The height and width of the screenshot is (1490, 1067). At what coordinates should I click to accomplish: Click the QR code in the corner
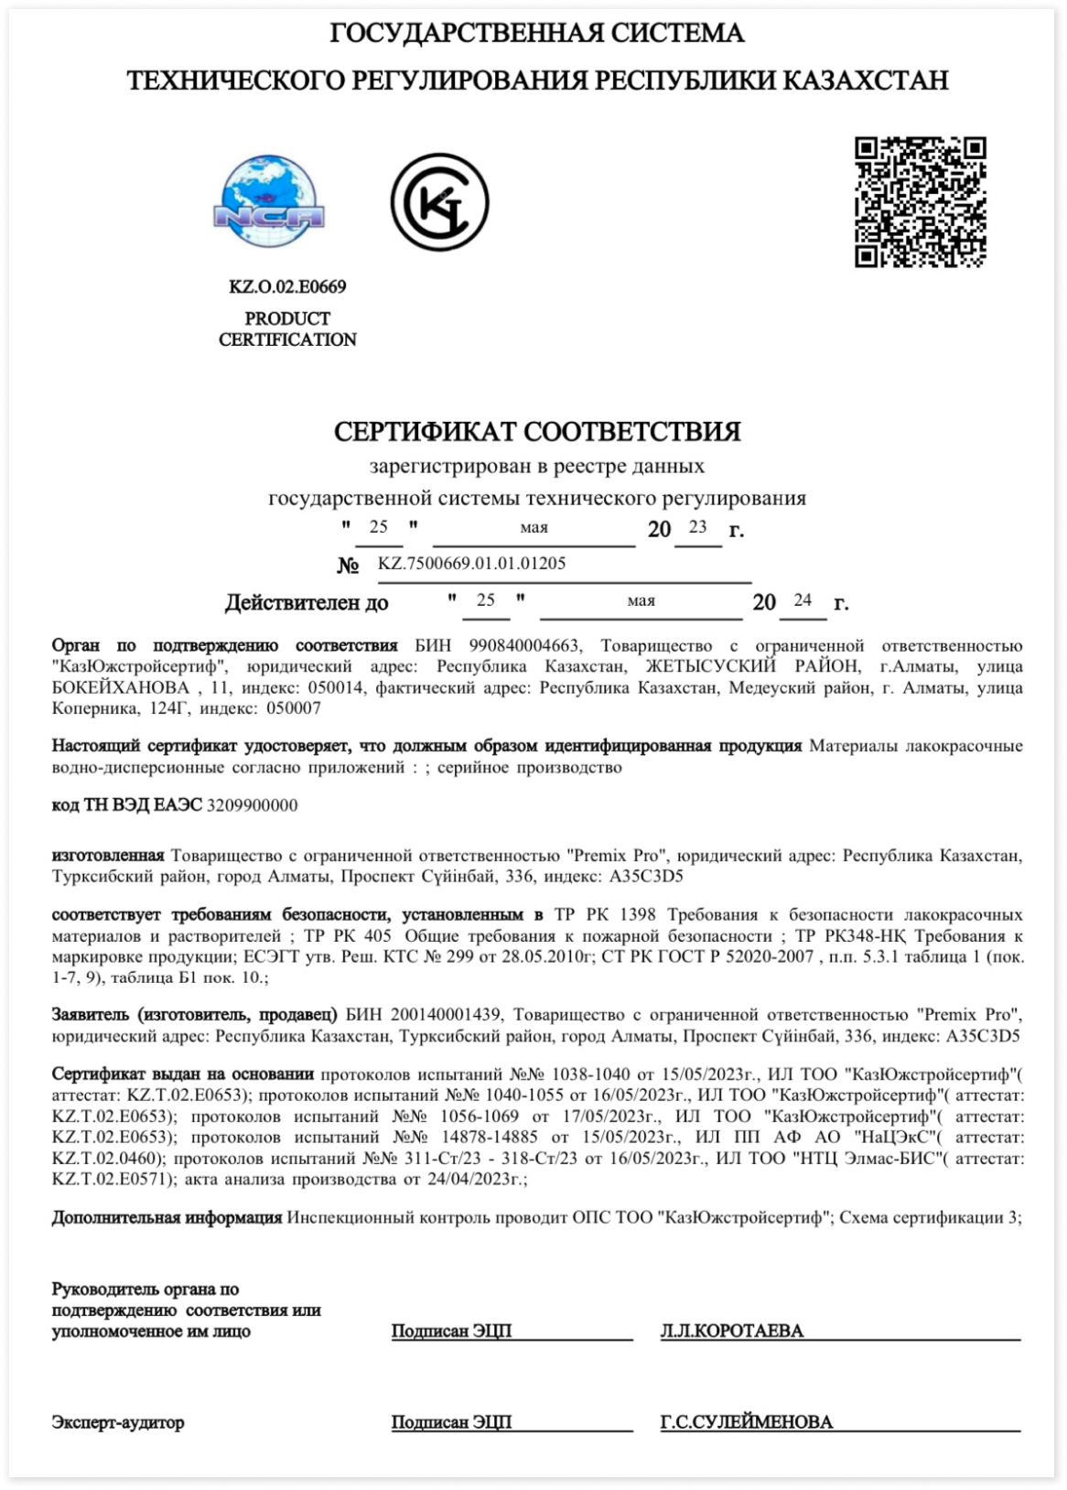pyautogui.click(x=920, y=202)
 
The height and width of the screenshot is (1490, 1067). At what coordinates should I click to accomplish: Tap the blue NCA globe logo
pyautogui.click(x=268, y=202)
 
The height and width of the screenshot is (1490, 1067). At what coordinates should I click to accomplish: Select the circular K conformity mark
pyautogui.click(x=439, y=202)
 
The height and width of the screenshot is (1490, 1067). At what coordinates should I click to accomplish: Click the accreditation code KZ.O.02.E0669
pyautogui.click(x=287, y=286)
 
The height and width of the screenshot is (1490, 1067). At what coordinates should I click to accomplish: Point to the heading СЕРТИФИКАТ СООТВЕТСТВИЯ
pyautogui.click(x=537, y=431)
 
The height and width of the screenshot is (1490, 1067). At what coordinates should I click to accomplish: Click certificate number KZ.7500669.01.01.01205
pyautogui.click(x=471, y=564)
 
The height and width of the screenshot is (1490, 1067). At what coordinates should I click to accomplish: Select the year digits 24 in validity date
pyautogui.click(x=803, y=600)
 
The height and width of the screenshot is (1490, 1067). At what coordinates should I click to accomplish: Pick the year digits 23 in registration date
pyautogui.click(x=698, y=527)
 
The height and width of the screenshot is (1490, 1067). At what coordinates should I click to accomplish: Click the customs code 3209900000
pyautogui.click(x=253, y=805)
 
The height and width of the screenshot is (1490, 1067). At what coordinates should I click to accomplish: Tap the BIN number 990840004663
pyautogui.click(x=523, y=646)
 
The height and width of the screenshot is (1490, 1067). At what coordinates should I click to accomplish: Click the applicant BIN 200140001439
pyautogui.click(x=447, y=1015)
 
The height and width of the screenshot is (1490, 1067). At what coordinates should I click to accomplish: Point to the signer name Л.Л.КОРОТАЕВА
pyautogui.click(x=732, y=1332)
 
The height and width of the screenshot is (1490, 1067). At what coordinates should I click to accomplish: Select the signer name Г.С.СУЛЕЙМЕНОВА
pyautogui.click(x=747, y=1423)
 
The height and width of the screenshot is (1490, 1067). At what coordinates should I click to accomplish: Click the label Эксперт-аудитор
pyautogui.click(x=118, y=1423)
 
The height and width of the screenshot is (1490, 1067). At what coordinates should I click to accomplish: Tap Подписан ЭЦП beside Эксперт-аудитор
pyautogui.click(x=451, y=1423)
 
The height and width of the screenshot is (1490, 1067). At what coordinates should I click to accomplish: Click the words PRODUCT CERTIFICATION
pyautogui.click(x=287, y=329)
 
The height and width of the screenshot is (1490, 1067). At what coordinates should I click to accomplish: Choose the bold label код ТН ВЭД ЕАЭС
pyautogui.click(x=127, y=805)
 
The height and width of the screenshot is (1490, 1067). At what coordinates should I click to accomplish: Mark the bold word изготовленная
pyautogui.click(x=108, y=856)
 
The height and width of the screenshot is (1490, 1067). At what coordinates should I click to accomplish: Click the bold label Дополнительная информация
pyautogui.click(x=167, y=1218)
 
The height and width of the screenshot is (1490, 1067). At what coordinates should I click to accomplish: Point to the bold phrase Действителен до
pyautogui.click(x=307, y=603)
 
